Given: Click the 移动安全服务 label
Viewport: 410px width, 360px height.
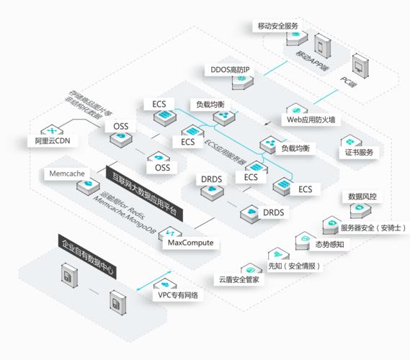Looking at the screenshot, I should (277, 26).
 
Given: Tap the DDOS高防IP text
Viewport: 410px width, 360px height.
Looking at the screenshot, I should (229, 70).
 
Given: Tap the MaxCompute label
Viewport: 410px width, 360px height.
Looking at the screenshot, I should (190, 243).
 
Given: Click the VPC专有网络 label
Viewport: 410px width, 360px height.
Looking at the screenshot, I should (178, 295).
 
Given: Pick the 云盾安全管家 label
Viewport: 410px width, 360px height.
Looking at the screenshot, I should (239, 279).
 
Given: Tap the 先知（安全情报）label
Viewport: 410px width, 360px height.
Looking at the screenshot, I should (294, 266).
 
